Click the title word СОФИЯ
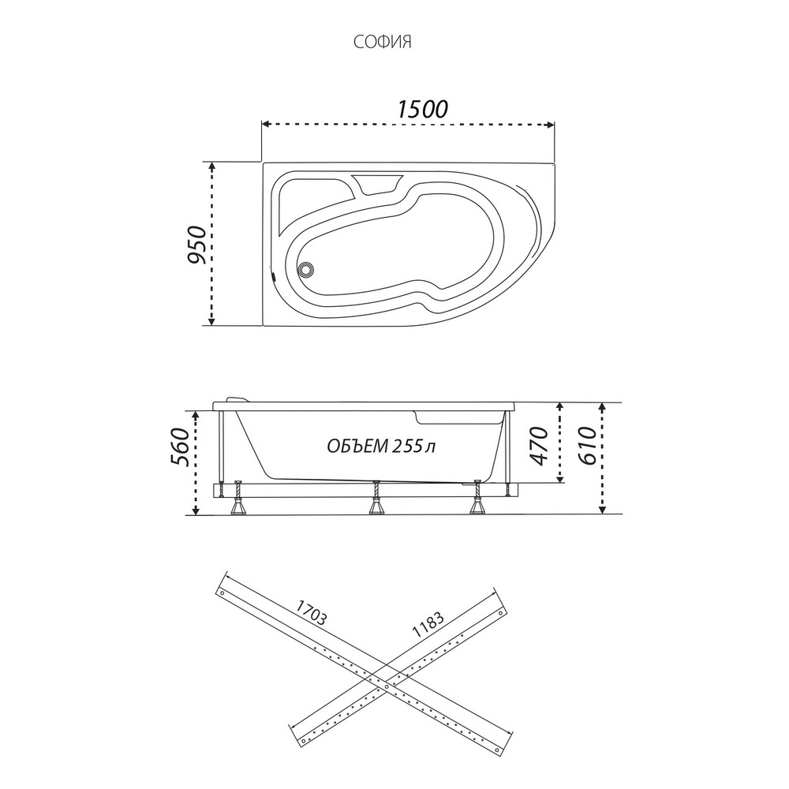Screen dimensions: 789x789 click(383, 42)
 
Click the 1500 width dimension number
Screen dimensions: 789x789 click(422, 109)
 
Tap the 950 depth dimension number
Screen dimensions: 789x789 click(196, 245)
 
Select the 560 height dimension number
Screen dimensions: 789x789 click(181, 447)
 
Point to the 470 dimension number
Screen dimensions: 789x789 click(538, 446)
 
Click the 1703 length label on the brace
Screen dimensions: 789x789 click(311, 613)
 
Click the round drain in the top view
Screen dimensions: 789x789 click(305, 269)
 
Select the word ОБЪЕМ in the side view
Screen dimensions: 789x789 click(355, 446)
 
